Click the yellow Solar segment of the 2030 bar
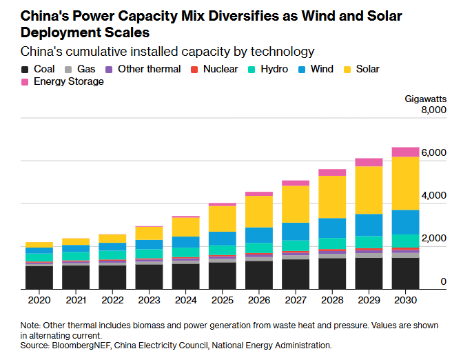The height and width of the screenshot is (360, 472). point(406,183)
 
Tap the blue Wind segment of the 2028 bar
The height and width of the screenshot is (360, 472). point(332,228)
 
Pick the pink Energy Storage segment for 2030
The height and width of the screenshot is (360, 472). point(406,152)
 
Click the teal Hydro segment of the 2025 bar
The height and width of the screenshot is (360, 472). point(223,250)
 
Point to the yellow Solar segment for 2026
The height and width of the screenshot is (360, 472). point(259,212)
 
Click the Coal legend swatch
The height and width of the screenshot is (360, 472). point(25,69)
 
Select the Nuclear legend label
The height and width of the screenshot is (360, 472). point(220,69)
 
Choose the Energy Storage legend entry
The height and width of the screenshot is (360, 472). point(68,81)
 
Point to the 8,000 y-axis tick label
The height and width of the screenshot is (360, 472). point(434,110)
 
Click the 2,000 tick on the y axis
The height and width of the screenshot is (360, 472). point(434,239)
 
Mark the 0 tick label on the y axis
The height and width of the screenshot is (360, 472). point(444,281)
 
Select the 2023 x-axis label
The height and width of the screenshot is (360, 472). point(149,300)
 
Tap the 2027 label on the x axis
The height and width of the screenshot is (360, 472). point(296,300)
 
